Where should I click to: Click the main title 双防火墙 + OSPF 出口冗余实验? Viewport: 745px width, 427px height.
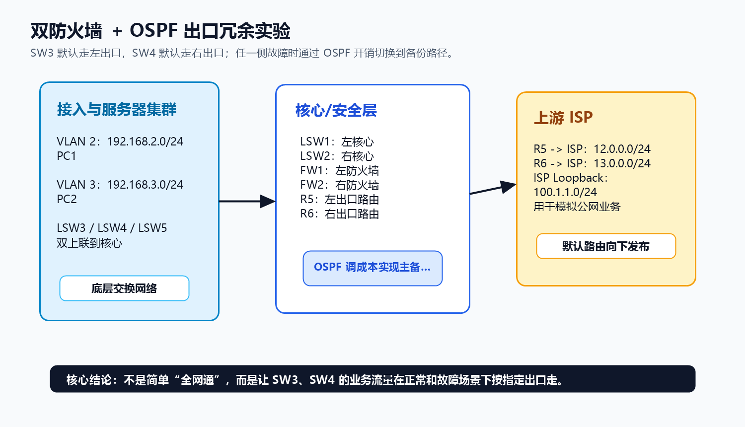(160, 31)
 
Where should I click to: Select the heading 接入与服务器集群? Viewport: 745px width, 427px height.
(116, 109)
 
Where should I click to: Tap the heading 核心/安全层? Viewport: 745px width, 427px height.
(336, 110)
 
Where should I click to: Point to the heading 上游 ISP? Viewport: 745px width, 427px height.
(563, 117)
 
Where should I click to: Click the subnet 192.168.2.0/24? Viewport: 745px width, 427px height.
(145, 142)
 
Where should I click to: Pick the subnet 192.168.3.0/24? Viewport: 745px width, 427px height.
(145, 185)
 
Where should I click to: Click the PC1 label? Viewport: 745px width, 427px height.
(67, 156)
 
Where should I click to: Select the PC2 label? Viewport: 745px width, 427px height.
(67, 199)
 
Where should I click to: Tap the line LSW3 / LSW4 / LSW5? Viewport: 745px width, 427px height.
(112, 228)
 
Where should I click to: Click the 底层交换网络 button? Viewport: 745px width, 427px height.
(124, 288)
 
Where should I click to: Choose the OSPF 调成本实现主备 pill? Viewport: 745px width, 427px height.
(372, 269)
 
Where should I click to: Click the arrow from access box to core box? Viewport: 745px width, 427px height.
(247, 201)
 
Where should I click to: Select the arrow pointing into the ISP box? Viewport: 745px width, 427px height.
(493, 188)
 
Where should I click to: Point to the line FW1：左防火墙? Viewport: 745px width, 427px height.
(339, 171)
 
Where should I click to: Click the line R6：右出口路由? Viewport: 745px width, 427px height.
(339, 214)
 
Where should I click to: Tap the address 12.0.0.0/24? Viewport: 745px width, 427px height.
(622, 149)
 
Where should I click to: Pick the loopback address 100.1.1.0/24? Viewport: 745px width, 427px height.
(565, 192)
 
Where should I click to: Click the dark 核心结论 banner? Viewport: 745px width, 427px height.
(372, 379)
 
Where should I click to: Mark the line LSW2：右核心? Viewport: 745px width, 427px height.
(337, 156)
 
